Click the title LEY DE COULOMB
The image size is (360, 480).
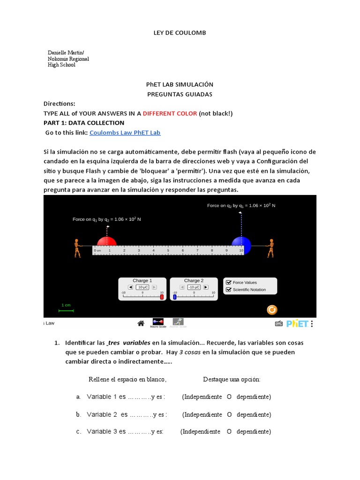click(x=180, y=33)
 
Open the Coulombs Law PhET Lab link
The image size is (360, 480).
click(x=125, y=133)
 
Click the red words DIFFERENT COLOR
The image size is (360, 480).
click(x=170, y=113)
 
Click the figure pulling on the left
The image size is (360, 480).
click(x=77, y=248)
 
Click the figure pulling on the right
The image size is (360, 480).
click(x=270, y=248)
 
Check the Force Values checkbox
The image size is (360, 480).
click(x=229, y=282)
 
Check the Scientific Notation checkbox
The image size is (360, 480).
click(x=229, y=290)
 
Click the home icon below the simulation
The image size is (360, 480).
click(x=140, y=323)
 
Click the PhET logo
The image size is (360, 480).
click(x=297, y=323)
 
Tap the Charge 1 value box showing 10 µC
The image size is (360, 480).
click(x=143, y=287)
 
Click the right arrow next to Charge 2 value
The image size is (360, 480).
click(x=205, y=287)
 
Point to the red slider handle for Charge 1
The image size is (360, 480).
click(x=162, y=297)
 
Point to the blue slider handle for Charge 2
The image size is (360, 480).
click(x=175, y=297)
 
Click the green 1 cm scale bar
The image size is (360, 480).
click(x=66, y=310)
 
